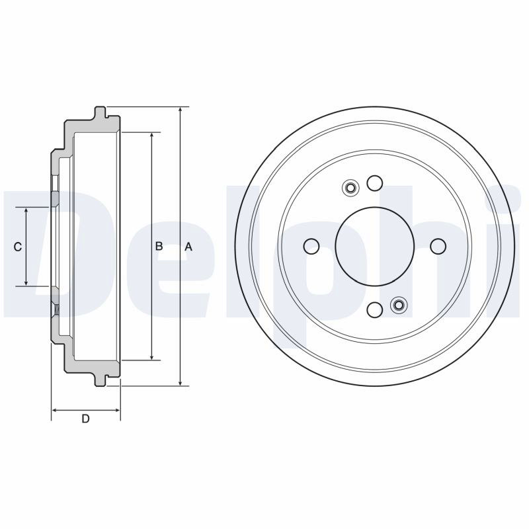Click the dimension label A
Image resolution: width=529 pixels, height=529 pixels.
[x=188, y=247]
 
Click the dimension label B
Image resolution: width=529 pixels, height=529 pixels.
[x=159, y=246]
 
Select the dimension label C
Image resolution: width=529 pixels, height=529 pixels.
[x=18, y=247]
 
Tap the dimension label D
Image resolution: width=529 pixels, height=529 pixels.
[x=86, y=419]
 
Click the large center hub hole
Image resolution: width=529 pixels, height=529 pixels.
[x=375, y=246]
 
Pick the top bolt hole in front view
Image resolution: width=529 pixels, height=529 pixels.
[x=375, y=183]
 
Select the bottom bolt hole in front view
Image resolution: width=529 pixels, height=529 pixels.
[x=375, y=309]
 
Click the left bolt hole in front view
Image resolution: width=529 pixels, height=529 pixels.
[x=311, y=246]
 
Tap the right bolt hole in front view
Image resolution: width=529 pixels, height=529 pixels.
[x=438, y=246]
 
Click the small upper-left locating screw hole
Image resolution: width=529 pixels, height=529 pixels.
[x=350, y=188]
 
